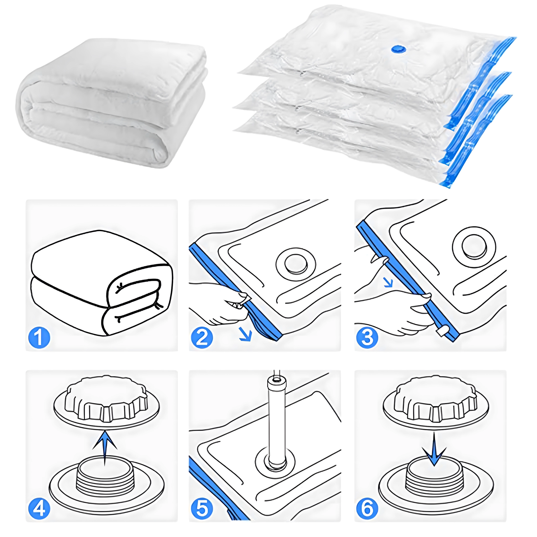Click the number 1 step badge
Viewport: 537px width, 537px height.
(x=39, y=338)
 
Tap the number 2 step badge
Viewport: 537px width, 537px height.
(x=202, y=338)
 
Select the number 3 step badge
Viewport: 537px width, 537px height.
(x=367, y=338)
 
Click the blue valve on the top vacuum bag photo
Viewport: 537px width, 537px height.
(x=399, y=49)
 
